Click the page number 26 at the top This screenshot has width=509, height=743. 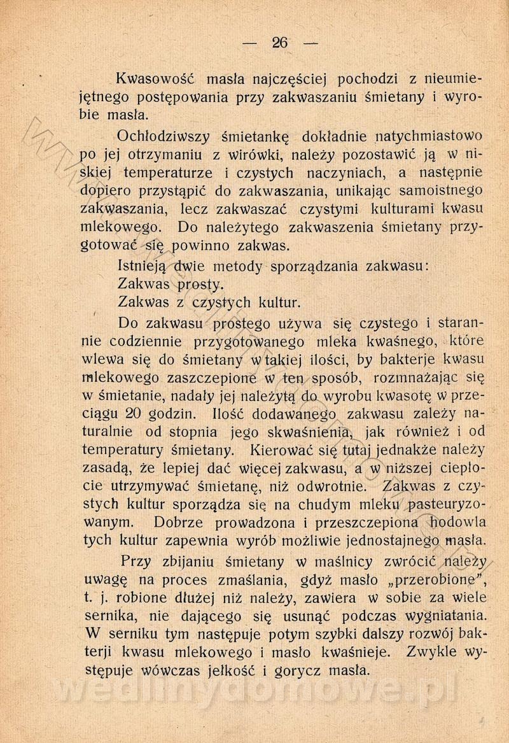click(x=280, y=43)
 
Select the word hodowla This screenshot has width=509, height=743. click(x=457, y=523)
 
